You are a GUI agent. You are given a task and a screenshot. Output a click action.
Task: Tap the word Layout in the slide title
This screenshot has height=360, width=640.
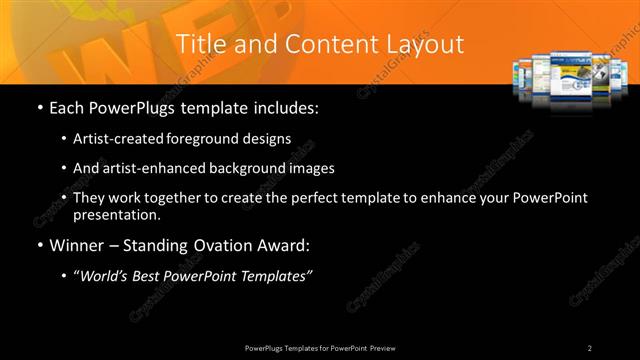pos(427,44)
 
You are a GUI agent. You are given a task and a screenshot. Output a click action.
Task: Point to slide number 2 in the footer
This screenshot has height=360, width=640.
pos(590,347)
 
